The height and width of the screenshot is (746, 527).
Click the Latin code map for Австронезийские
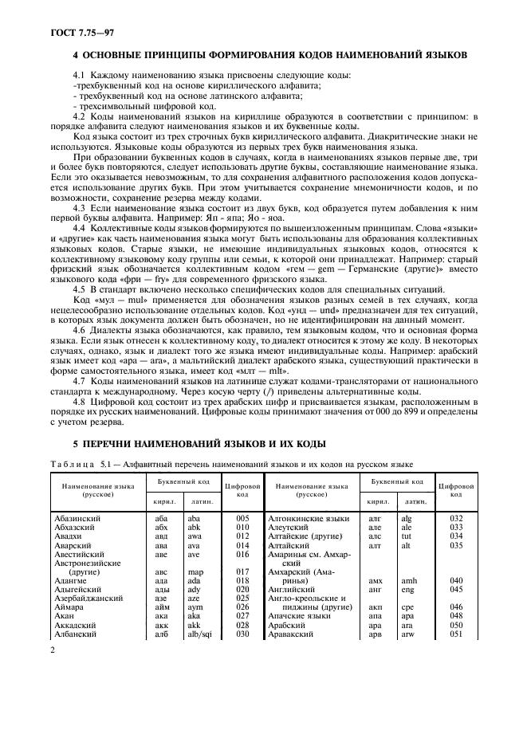coord(194,571)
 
